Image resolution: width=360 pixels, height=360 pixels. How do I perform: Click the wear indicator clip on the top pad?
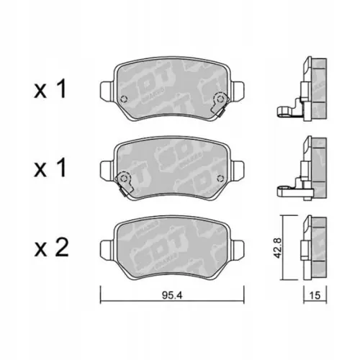220,104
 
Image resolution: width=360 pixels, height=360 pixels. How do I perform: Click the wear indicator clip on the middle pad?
125,181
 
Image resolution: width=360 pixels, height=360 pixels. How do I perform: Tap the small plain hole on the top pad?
123,99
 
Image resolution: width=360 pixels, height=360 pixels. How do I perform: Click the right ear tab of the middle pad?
239,168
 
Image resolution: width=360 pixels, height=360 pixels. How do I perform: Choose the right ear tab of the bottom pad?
239,246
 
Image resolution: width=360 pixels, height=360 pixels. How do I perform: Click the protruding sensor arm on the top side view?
284,110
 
